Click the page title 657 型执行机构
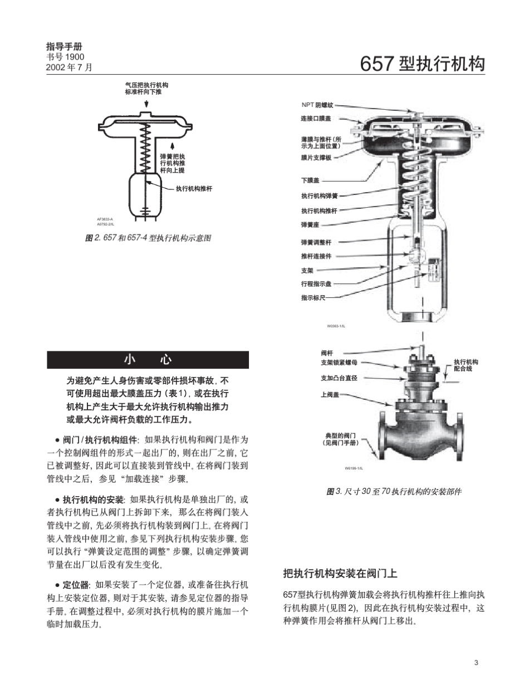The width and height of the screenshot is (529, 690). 423,64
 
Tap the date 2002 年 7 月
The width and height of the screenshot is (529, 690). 68,67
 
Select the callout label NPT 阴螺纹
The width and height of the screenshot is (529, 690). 317,105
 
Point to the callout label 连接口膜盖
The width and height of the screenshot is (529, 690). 316,119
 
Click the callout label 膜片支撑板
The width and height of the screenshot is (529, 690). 316,158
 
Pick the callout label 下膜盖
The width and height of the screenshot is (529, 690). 310,180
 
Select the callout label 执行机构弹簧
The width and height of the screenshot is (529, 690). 320,196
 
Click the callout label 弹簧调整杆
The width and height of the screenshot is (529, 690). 316,243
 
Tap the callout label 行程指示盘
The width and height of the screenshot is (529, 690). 316,284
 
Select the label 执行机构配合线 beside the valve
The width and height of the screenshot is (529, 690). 466,365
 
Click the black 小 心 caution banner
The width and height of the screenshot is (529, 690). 148,360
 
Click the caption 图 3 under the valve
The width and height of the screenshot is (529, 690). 394,492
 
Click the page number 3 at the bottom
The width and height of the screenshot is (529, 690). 476,662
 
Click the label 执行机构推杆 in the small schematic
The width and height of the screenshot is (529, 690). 194,189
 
